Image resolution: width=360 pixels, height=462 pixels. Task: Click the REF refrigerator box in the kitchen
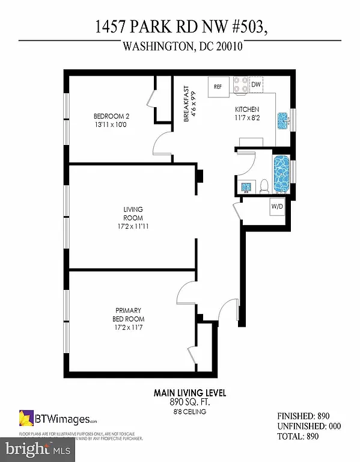click(x=218, y=87)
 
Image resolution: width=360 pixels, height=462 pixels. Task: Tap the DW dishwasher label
click(x=255, y=85)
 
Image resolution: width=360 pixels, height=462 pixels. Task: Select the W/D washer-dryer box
click(x=277, y=207)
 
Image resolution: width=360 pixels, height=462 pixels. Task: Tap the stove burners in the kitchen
click(x=240, y=85)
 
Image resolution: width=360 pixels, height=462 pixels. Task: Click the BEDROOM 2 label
click(x=111, y=116)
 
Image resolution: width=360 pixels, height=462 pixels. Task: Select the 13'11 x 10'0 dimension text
click(x=111, y=125)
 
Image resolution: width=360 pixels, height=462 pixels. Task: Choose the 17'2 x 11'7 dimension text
click(x=129, y=328)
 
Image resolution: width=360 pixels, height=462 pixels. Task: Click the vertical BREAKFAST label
click(x=187, y=104)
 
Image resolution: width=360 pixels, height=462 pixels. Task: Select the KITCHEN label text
click(x=246, y=109)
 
